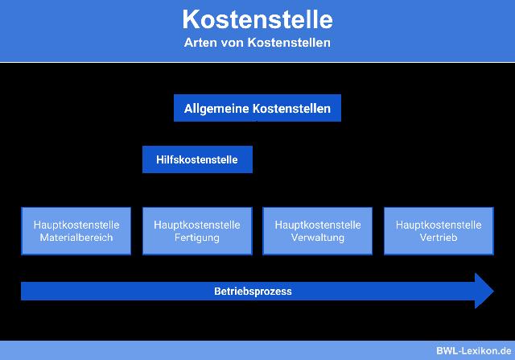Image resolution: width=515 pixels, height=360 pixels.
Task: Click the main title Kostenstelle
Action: coord(257,19)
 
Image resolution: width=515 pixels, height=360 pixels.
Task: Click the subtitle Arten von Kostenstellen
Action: coord(257,42)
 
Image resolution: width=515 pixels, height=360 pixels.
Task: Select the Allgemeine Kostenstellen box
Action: coord(257,108)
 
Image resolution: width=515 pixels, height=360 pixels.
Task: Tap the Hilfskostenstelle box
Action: coord(196,159)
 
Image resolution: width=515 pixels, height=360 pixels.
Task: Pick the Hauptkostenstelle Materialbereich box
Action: coord(76,231)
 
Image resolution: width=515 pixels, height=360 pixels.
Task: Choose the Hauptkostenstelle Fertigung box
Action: coord(196,231)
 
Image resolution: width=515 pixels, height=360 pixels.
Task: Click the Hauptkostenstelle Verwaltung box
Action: coord(317,231)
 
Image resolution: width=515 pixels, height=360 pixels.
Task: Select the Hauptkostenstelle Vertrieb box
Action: coord(439,231)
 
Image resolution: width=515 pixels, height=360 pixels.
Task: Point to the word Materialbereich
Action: coord(76,238)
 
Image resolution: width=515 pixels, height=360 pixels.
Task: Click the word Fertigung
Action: coord(196,238)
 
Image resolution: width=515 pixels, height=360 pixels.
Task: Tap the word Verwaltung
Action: coord(317,238)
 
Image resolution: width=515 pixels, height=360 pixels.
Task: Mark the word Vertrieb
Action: coord(439,238)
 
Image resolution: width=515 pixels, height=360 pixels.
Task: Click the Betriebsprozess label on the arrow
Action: coord(253,292)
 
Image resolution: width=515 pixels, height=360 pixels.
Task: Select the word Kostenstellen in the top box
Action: coord(292,109)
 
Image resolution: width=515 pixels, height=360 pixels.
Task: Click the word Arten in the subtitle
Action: coord(199,42)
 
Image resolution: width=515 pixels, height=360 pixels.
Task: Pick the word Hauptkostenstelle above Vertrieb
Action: coord(439,225)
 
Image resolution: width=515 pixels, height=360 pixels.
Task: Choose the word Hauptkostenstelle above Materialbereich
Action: coord(76,225)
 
